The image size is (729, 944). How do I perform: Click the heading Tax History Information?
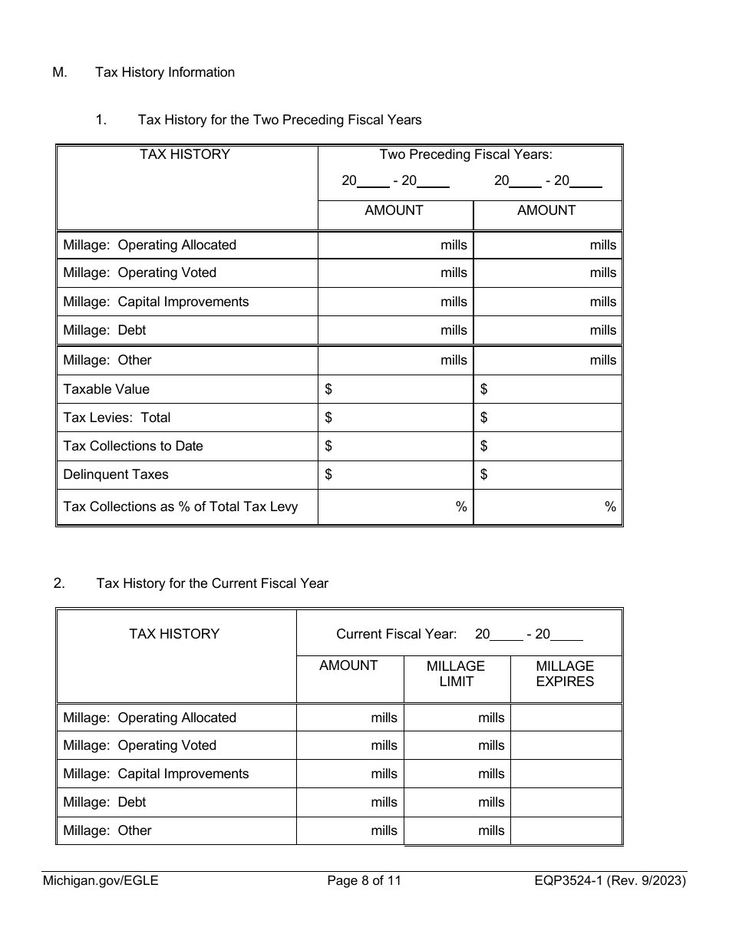165,72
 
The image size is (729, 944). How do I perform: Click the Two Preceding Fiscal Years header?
466,154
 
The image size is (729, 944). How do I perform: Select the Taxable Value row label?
107,389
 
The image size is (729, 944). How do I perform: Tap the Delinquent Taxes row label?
116,474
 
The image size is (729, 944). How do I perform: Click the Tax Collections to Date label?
133,446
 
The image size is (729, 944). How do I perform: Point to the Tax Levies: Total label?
117,418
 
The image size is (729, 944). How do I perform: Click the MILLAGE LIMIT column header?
456,674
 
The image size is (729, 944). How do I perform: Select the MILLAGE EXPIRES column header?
565,674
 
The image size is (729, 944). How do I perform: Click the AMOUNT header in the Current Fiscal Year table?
348,666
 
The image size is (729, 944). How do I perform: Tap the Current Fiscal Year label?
396,634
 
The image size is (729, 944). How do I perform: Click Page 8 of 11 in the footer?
364,881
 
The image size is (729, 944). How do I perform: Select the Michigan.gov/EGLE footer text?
101,881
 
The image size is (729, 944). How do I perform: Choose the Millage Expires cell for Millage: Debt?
566,802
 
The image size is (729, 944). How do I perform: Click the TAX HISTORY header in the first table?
185,154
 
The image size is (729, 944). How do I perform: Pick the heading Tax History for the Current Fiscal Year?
212,583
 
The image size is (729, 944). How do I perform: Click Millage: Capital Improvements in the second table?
156,774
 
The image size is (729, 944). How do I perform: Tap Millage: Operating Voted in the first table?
140,272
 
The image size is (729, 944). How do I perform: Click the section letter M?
60,72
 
